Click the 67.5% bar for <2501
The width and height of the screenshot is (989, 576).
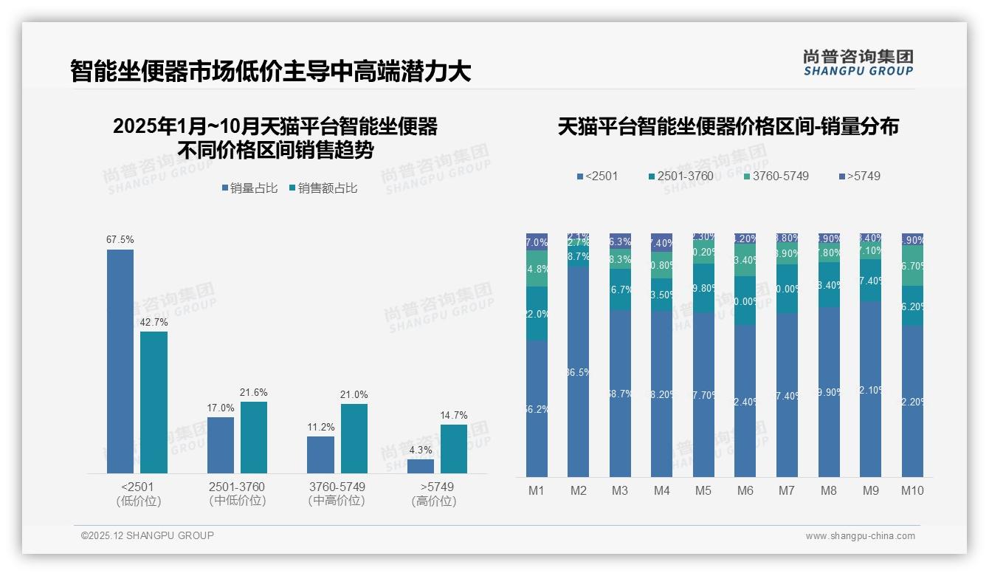tap(120, 361)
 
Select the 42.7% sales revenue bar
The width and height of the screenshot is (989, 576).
tap(154, 402)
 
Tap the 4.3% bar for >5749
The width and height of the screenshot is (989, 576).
tap(421, 466)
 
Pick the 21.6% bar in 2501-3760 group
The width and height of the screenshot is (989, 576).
tap(254, 437)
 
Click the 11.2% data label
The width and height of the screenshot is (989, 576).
tap(321, 428)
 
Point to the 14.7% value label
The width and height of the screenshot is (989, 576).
tap(454, 415)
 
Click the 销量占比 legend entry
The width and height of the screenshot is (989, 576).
tap(249, 188)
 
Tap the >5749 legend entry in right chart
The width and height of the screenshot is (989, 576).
tap(859, 176)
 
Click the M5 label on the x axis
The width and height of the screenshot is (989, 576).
tap(703, 490)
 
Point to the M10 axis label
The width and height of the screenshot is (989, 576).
tap(912, 490)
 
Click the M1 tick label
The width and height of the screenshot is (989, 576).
tap(537, 490)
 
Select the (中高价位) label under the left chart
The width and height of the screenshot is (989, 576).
tap(337, 501)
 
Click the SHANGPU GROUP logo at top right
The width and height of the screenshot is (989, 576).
tap(858, 63)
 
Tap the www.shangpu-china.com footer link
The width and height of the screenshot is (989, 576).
tap(860, 536)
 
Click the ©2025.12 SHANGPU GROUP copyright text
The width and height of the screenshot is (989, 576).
tap(148, 535)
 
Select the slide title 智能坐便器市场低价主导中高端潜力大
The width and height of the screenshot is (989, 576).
tap(270, 72)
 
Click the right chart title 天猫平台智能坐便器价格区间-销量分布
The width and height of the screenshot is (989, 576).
tap(728, 126)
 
